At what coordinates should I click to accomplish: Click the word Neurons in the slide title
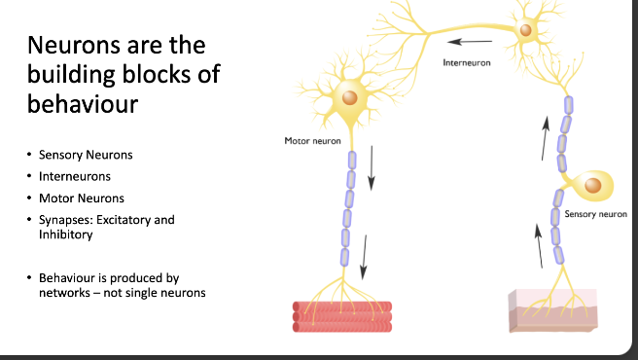[x=74, y=46]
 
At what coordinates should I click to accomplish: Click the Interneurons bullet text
[x=75, y=176]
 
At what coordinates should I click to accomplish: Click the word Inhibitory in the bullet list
[x=66, y=234]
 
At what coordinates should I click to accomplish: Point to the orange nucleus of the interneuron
[x=526, y=31]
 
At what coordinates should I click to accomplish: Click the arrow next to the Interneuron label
[x=469, y=41]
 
